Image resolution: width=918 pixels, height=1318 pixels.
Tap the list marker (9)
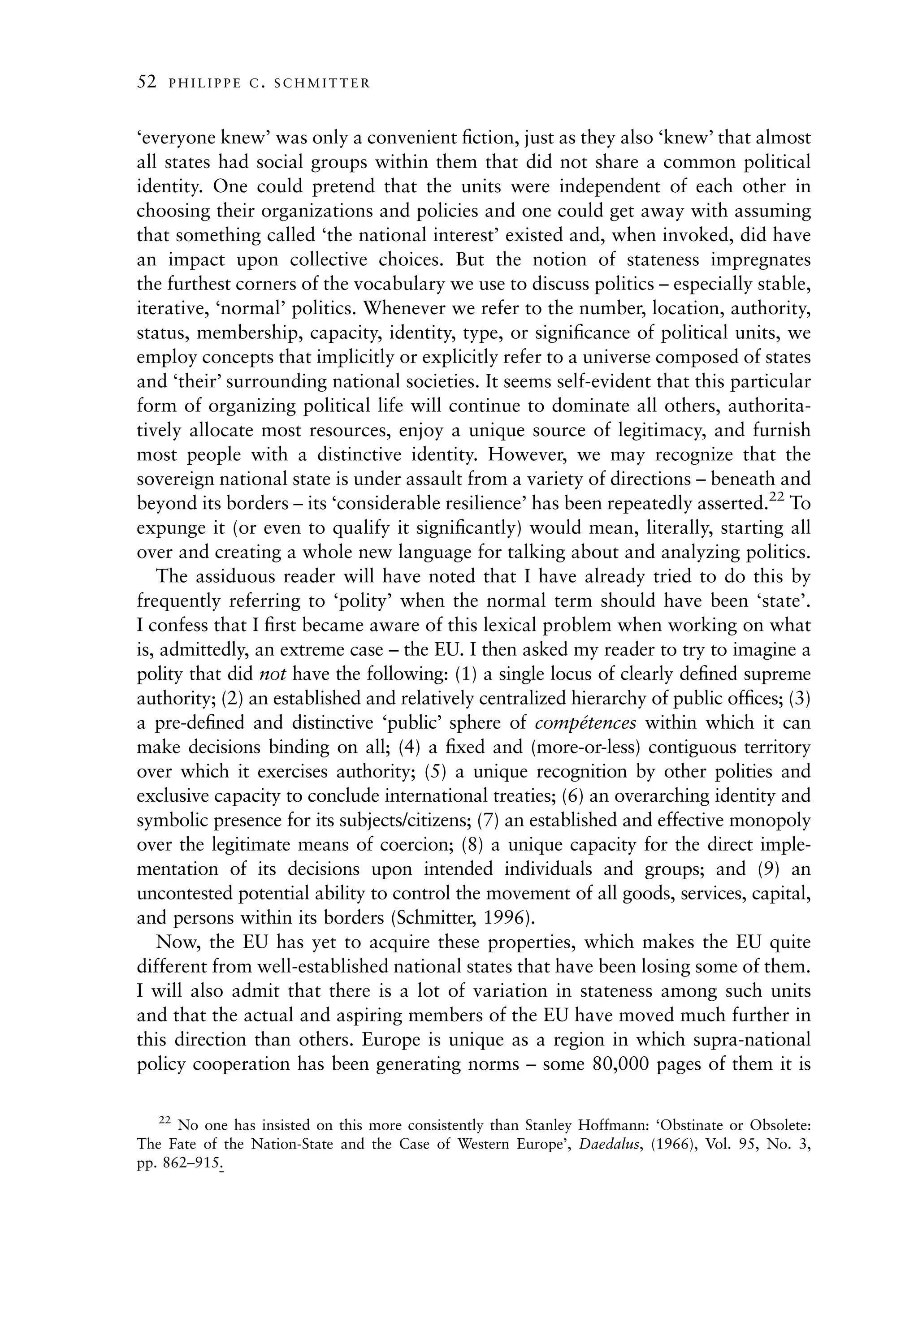[769, 869]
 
